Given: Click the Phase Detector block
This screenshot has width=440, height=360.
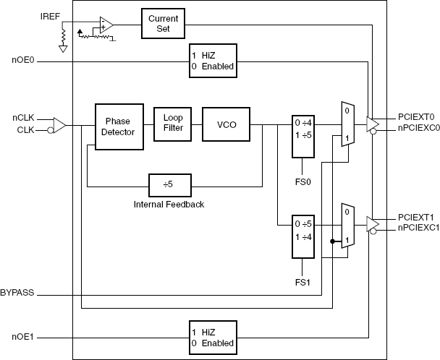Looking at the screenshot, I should coord(117,127).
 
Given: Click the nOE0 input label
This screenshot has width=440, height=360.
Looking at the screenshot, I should coord(22,62).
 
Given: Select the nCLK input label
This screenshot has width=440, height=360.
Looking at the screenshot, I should coord(22,118).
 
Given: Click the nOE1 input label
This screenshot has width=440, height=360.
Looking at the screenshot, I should coord(22,336).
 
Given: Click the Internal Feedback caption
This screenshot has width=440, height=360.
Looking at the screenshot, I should coord(169,205).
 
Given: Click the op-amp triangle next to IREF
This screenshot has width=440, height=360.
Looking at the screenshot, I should coord(106,26).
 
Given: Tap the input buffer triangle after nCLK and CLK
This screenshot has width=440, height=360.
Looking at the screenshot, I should coord(60,126).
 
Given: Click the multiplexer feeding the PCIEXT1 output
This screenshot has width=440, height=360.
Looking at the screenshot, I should coord(347,226).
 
